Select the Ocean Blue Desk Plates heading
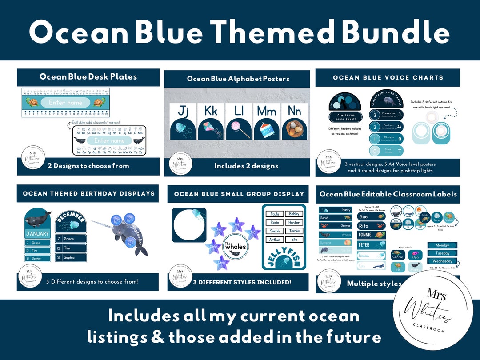click(x=88, y=76)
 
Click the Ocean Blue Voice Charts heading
click(x=388, y=77)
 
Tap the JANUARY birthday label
click(x=38, y=234)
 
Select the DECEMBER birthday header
click(x=71, y=218)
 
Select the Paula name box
click(x=274, y=214)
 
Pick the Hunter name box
click(x=294, y=223)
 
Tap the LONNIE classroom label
click(x=371, y=234)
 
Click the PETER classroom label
click(x=371, y=245)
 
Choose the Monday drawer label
click(x=442, y=245)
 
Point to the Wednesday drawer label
click(x=442, y=261)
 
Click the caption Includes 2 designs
click(x=246, y=166)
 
